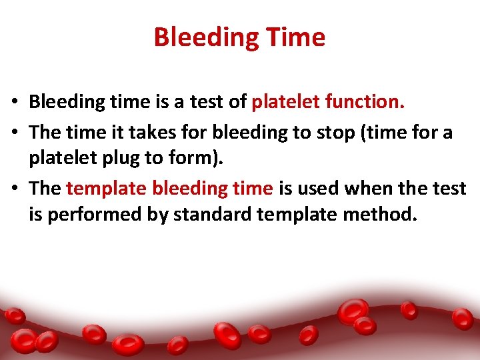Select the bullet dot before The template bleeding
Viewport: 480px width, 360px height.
pos(14,189)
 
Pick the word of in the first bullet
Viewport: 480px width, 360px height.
pos(237,102)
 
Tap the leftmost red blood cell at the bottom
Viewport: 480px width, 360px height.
pos(14,315)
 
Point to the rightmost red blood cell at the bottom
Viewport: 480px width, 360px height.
pos(463,318)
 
